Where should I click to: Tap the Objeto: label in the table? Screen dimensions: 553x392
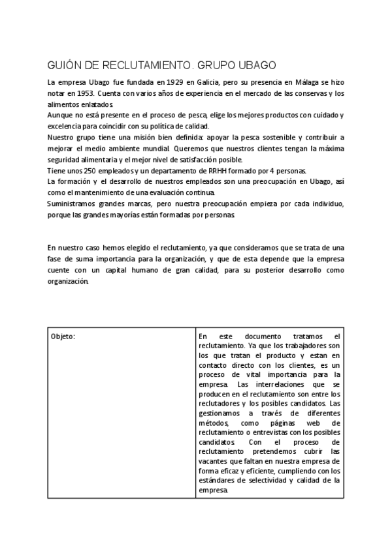(x=63, y=336)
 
